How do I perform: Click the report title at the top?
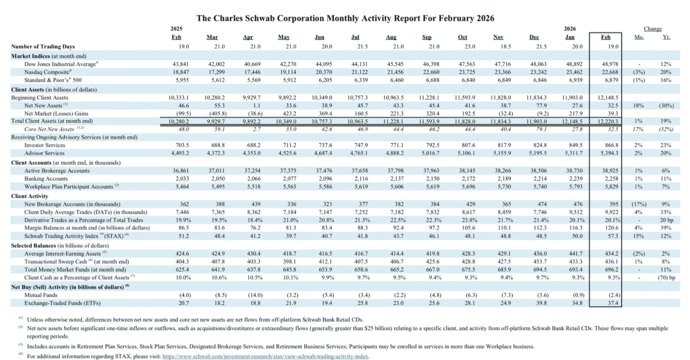(x=345, y=18)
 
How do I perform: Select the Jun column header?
(x=319, y=37)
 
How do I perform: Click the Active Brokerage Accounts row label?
(x=57, y=171)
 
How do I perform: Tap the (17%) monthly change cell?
(x=639, y=204)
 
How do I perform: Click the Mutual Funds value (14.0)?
(x=255, y=295)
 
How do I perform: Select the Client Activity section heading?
(x=29, y=196)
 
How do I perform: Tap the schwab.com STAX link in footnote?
(x=265, y=356)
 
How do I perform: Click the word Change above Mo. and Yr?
(x=652, y=29)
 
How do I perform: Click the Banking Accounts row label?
(x=46, y=179)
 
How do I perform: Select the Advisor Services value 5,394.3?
(x=609, y=153)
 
